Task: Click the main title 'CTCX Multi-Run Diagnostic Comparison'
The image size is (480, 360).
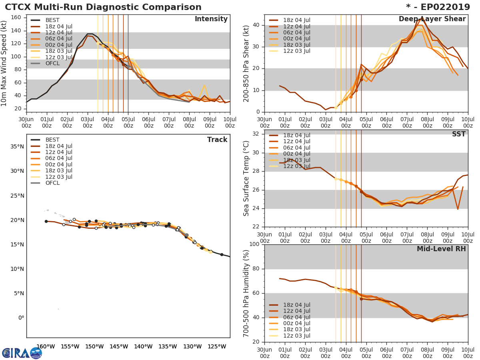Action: [x=103, y=7]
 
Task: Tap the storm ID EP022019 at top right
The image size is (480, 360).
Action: [x=444, y=7]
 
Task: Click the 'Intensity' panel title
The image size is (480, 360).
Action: [x=211, y=19]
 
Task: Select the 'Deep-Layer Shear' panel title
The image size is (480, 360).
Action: [x=432, y=19]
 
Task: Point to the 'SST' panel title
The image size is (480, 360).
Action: [x=459, y=134]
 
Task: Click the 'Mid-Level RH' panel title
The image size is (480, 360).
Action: [x=441, y=249]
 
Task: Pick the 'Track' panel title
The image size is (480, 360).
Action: [x=217, y=140]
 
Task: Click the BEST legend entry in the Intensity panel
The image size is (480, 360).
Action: [x=52, y=20]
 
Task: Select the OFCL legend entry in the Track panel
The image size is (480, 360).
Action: [x=52, y=183]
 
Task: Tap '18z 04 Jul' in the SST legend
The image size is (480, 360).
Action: [x=296, y=135]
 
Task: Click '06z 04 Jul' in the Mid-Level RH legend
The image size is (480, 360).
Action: [x=296, y=317]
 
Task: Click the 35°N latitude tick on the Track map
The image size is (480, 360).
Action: [x=18, y=146]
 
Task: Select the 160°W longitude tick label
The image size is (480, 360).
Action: [x=45, y=346]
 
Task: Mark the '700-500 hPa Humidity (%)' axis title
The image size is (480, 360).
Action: [x=246, y=293]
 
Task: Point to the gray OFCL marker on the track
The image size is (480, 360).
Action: [x=186, y=235]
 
